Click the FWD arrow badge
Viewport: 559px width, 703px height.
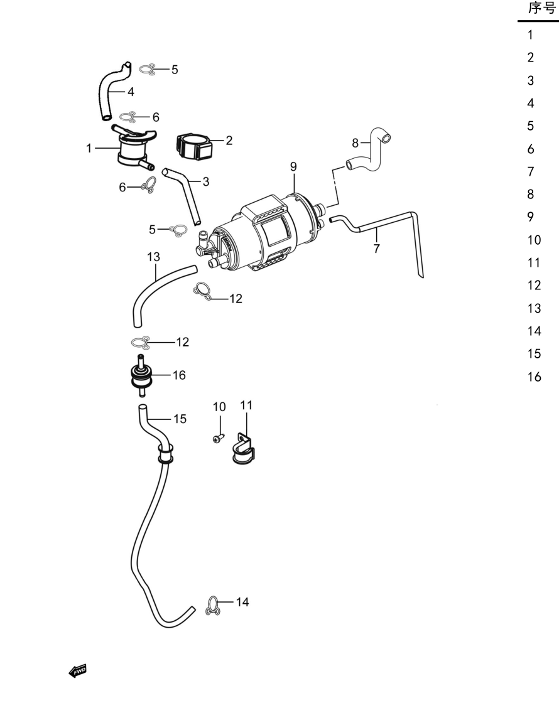[x=77, y=671]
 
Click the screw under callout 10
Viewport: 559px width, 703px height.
[x=218, y=437]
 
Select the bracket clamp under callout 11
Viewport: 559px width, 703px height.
[x=244, y=449]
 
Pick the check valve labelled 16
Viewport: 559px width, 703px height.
[x=141, y=376]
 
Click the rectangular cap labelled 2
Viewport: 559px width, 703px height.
[x=193, y=146]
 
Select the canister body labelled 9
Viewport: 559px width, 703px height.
[x=263, y=233]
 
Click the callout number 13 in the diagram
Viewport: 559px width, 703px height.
[x=153, y=257]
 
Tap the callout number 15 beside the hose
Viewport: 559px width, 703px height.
[x=180, y=419]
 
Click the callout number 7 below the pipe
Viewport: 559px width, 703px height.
[x=376, y=249]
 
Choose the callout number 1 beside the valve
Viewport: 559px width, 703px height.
[x=89, y=148]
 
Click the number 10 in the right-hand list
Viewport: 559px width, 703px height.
[x=535, y=240]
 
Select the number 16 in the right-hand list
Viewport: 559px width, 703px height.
[x=535, y=377]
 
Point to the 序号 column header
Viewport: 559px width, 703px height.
[x=542, y=8]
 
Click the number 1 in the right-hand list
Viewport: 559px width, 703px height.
[x=530, y=35]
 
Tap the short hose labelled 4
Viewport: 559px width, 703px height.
[x=111, y=92]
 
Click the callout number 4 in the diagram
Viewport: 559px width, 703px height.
[x=131, y=92]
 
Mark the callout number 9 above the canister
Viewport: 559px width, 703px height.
[x=293, y=167]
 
